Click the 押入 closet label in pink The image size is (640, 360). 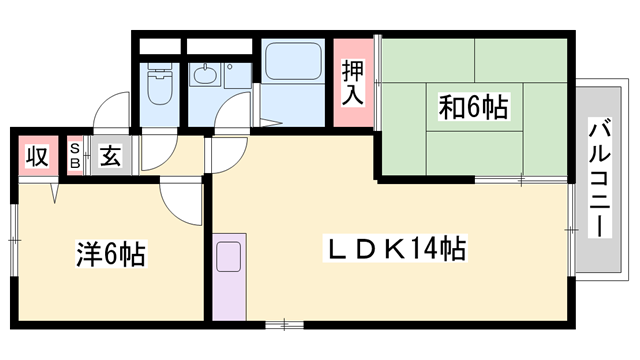pyautogui.click(x=353, y=83)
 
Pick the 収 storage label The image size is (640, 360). pyautogui.click(x=36, y=157)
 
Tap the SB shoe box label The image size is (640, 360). pyautogui.click(x=75, y=157)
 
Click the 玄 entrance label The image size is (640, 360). pyautogui.click(x=109, y=157)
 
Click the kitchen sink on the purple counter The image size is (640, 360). pyautogui.click(x=228, y=256)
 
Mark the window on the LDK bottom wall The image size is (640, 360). pyautogui.click(x=285, y=323)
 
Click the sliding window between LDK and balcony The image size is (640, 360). pyautogui.click(x=571, y=230)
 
